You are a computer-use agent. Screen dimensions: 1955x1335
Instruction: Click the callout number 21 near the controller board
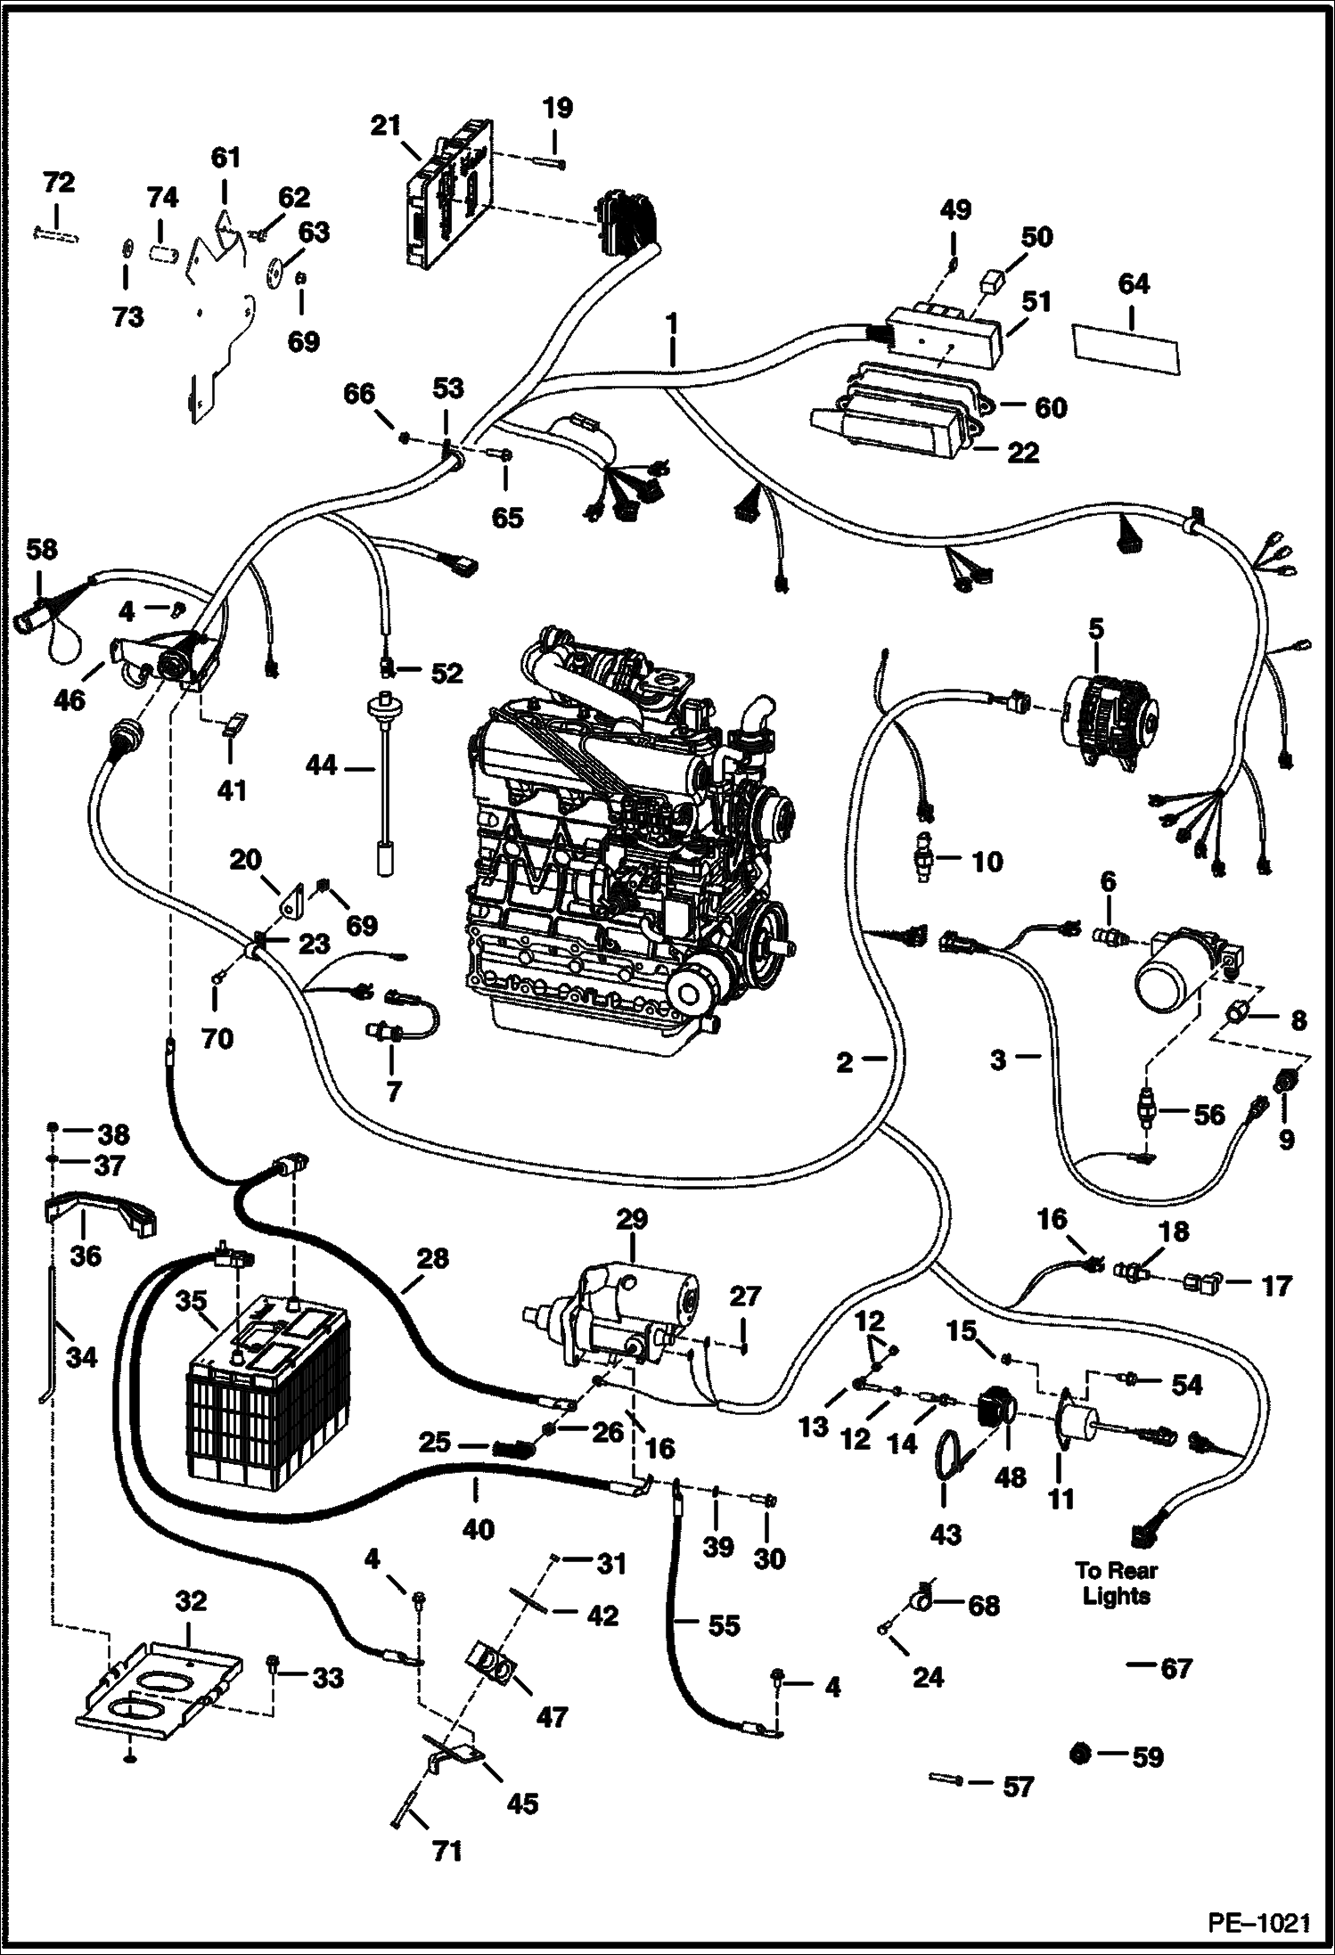coord(386,127)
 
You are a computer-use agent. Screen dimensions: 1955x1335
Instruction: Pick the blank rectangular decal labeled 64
coord(1125,347)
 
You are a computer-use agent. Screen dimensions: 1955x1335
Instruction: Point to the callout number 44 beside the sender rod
coord(323,765)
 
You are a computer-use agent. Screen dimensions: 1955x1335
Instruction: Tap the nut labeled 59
coord(1079,1754)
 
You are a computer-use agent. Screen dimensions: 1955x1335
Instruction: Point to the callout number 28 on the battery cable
coord(432,1258)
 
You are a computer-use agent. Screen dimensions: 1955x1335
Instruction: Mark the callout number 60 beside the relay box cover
coord(1051,408)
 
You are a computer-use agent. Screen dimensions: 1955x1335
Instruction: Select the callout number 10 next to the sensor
coord(987,862)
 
